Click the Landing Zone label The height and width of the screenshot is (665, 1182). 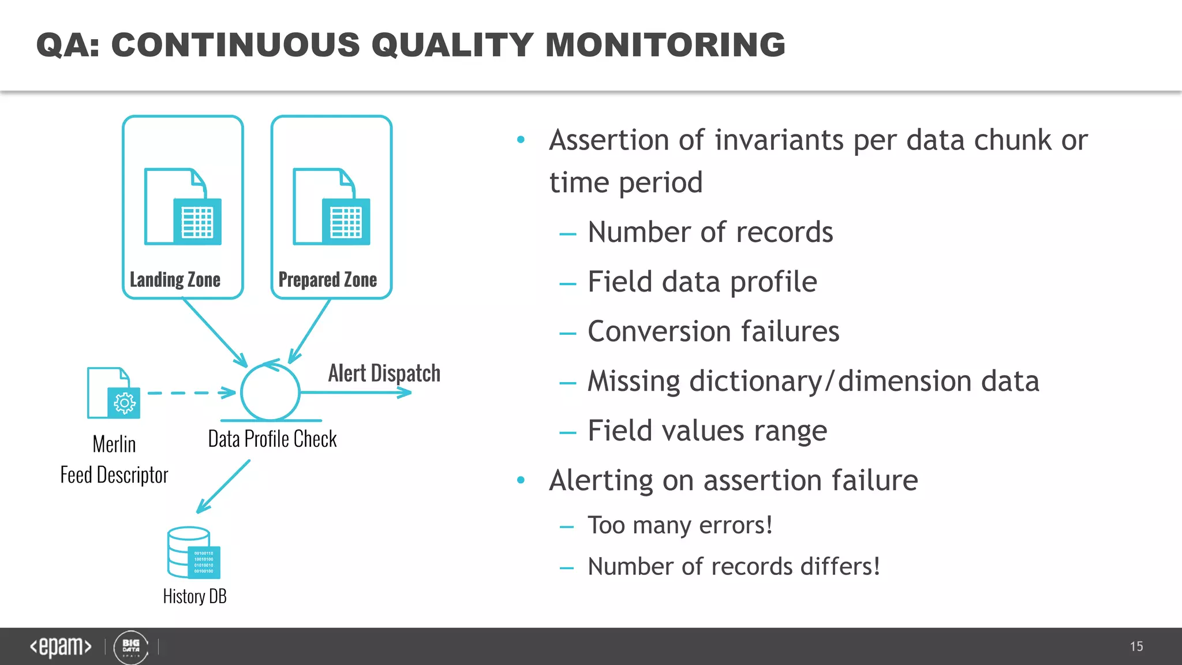click(175, 280)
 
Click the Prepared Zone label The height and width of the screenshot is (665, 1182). click(327, 280)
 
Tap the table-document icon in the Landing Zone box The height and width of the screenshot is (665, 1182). click(183, 207)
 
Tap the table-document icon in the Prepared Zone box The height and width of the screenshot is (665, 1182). click(331, 207)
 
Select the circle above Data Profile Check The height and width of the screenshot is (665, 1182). click(270, 392)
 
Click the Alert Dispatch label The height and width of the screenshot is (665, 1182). click(384, 373)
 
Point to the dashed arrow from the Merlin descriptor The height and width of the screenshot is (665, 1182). click(190, 393)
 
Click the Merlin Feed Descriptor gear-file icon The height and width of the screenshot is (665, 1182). click(114, 393)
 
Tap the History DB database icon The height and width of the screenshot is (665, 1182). click(194, 552)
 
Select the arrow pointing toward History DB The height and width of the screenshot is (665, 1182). click(223, 487)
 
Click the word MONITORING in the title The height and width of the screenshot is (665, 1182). click(665, 45)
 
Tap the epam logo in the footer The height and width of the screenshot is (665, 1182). click(61, 647)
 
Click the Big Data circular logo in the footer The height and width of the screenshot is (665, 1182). click(131, 647)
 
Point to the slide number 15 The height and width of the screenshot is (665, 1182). click(1136, 647)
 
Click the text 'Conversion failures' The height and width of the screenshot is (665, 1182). click(713, 332)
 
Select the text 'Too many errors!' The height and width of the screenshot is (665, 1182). click(680, 525)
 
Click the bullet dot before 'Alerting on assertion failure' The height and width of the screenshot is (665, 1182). click(521, 480)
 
